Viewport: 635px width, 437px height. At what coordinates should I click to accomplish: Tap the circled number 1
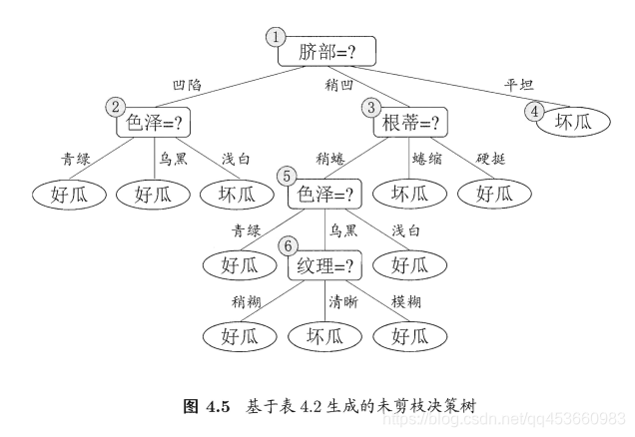coord(276,37)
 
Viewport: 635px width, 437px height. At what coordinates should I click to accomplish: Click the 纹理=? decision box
coord(324,266)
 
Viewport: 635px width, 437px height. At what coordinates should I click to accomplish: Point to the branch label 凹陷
coord(187,85)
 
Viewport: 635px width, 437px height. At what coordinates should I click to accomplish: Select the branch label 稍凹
coord(340,85)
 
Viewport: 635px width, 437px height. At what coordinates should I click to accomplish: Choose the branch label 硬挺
coord(491,158)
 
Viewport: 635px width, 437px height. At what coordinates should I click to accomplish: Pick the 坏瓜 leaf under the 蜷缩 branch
coord(408,193)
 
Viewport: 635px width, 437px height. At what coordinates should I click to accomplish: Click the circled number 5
coord(289,176)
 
